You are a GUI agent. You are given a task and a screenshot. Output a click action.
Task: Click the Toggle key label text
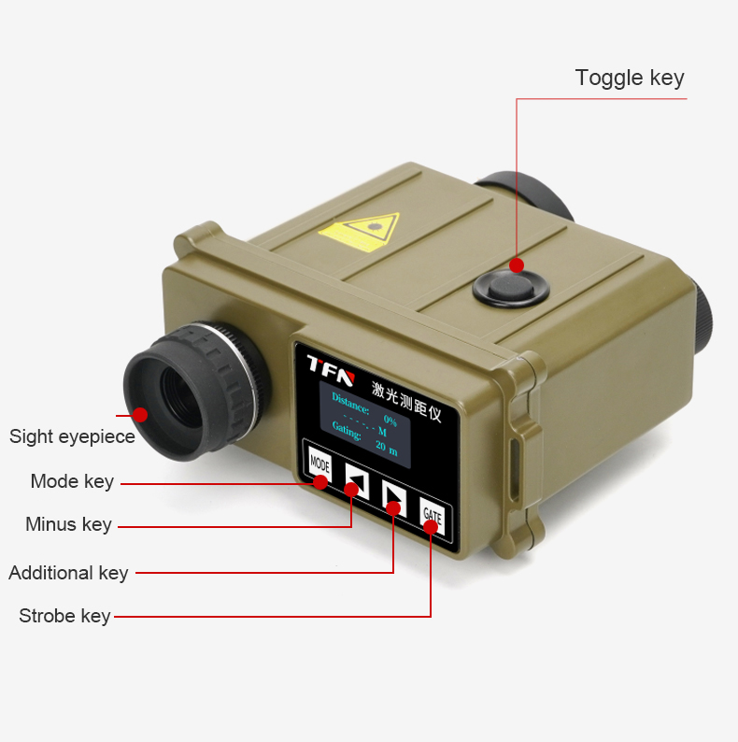(630, 78)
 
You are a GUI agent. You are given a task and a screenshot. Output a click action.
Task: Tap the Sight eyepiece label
(72, 436)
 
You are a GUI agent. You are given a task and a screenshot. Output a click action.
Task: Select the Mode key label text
(72, 481)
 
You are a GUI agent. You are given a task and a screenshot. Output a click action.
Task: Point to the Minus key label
(68, 524)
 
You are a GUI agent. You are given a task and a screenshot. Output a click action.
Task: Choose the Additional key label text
(68, 573)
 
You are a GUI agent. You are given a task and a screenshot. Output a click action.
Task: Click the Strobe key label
(64, 616)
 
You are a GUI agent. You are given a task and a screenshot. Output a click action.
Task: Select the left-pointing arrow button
(357, 480)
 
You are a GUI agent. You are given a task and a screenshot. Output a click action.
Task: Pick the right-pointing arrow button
(394, 498)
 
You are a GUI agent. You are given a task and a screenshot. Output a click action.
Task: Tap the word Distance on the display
(350, 403)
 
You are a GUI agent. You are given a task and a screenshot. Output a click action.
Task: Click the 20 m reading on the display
(387, 448)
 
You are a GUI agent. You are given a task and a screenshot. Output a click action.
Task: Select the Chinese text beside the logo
(406, 401)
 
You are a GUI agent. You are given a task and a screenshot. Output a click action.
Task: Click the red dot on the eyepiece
(140, 415)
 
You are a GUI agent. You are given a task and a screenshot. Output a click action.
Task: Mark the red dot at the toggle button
(517, 265)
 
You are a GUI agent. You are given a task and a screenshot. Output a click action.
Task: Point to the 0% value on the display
(390, 420)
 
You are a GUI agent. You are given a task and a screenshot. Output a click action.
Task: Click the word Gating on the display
(347, 431)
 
